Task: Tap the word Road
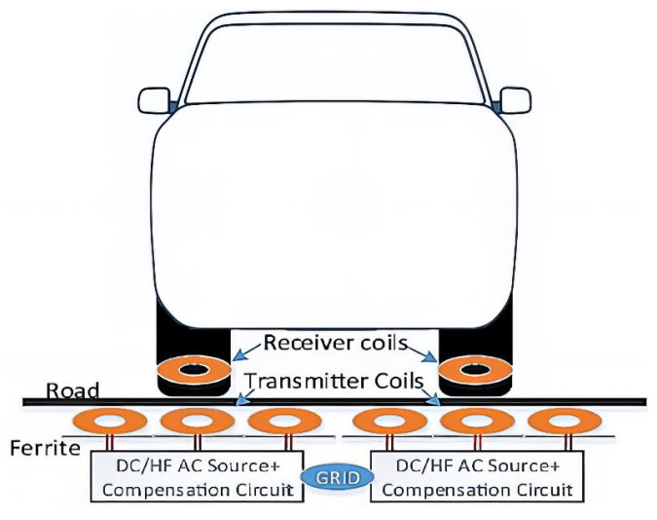pos(74,390)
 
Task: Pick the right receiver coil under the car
pos(475,371)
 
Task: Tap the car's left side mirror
pos(154,98)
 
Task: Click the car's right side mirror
pos(515,98)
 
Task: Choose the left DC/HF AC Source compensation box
pos(197,476)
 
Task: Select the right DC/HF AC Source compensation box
pos(471,476)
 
